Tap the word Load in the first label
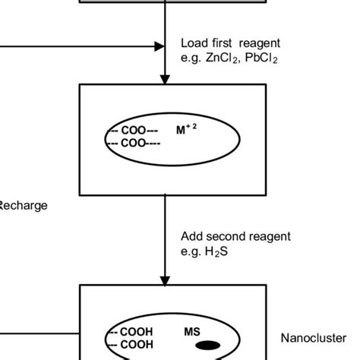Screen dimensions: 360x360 193,43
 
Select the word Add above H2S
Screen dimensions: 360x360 191,236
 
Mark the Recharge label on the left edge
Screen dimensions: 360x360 23,205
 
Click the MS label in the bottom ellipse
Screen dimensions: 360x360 192,332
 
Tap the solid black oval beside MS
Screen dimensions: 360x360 208,346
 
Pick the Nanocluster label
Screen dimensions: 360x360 313,339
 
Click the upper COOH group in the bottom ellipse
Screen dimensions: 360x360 132,332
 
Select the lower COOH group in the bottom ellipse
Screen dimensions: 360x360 132,345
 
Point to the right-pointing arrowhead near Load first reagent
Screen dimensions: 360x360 159,46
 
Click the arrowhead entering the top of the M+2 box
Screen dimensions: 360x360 165,79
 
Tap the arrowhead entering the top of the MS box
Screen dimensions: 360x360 165,281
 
